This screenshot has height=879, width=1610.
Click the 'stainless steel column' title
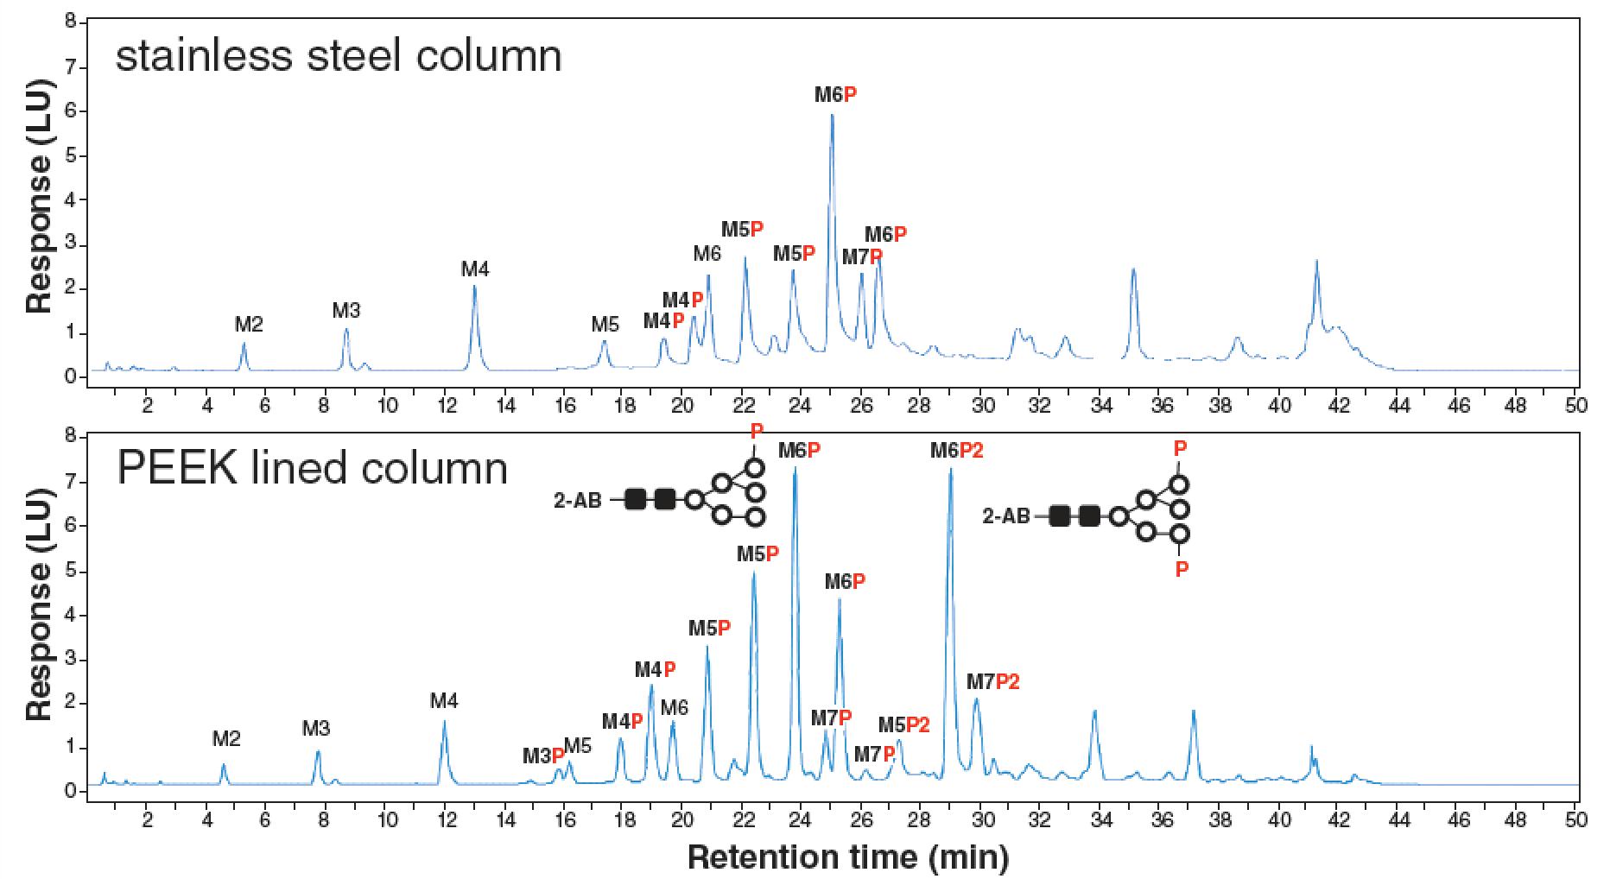[339, 57]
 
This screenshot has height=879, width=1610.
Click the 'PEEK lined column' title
[312, 469]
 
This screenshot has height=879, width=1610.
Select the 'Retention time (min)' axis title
[847, 857]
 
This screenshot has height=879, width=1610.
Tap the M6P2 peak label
[957, 451]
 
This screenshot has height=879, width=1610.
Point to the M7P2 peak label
[993, 682]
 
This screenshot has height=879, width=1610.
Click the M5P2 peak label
[904, 724]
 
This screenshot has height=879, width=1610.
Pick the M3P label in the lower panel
[543, 756]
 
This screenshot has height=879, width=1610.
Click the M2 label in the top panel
[249, 325]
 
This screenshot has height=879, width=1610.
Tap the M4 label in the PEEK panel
[444, 701]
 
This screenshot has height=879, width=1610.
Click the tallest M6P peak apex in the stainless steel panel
[832, 115]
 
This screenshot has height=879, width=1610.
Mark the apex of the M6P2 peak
[951, 469]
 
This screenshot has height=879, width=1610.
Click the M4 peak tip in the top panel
[474, 287]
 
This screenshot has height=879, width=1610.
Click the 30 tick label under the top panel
[980, 405]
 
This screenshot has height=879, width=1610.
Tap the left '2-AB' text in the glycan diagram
[577, 500]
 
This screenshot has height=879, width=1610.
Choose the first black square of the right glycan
[1060, 516]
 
